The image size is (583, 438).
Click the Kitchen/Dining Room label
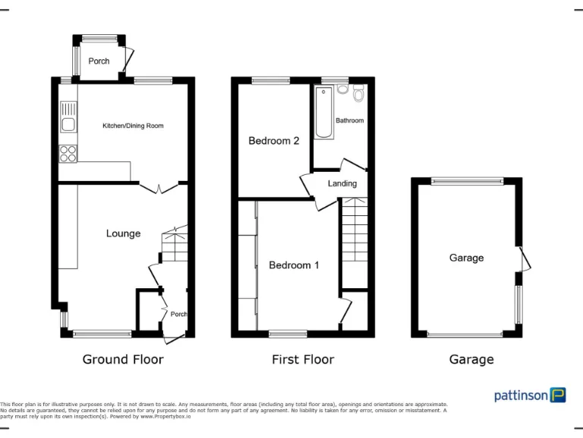[133, 125]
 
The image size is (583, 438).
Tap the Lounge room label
[123, 233]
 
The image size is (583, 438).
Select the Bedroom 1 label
[294, 265]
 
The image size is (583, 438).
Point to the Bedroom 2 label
[274, 141]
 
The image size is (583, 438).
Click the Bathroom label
[350, 120]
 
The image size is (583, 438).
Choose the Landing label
[342, 183]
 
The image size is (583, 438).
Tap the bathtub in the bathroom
[323, 113]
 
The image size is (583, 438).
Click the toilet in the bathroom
[358, 94]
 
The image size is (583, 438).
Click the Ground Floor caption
[123, 360]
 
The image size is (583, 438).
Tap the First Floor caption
[303, 360]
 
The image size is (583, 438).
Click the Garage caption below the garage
[471, 360]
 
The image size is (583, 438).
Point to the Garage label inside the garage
[466, 258]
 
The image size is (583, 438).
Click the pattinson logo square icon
[558, 395]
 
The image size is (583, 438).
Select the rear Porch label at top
[99, 61]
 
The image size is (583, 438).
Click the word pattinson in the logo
[521, 395]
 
